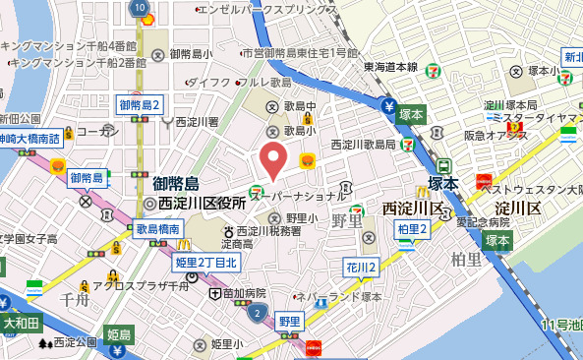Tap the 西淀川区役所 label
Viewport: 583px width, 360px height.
click(201, 203)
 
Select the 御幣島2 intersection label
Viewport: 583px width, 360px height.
click(140, 104)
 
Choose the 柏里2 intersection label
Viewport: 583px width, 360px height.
click(414, 229)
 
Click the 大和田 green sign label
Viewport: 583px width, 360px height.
click(20, 322)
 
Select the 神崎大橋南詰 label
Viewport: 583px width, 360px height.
click(29, 139)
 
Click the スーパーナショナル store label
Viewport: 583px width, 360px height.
click(300, 197)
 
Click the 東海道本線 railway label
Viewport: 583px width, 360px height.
click(390, 67)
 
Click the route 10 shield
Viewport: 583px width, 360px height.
click(136, 7)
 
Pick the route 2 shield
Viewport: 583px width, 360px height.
click(257, 313)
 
